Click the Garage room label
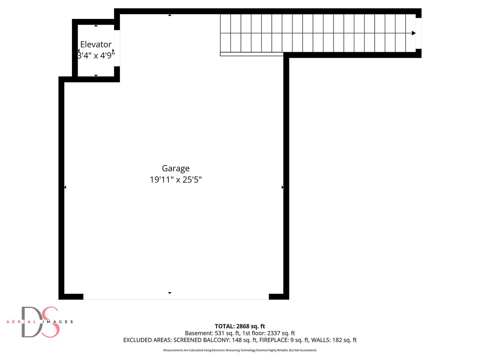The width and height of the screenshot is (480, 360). point(176,168)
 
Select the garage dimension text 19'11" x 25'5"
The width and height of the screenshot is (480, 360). point(176,180)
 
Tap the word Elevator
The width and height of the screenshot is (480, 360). point(96,44)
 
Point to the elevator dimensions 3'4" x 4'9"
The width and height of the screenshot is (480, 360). point(96,55)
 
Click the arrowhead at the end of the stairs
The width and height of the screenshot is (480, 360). point(414,33)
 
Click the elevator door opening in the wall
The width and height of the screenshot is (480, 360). point(117,48)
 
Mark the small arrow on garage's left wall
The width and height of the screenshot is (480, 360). point(65,187)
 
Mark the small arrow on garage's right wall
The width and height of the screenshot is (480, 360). point(282,187)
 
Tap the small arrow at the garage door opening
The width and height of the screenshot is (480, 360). point(170,293)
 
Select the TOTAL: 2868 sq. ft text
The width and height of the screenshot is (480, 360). point(240,326)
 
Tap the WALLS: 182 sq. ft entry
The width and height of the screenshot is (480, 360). point(334,340)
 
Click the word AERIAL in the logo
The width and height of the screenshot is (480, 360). point(21,322)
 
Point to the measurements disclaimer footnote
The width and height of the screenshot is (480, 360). point(240,350)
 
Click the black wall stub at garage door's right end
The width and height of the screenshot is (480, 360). point(279,297)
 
